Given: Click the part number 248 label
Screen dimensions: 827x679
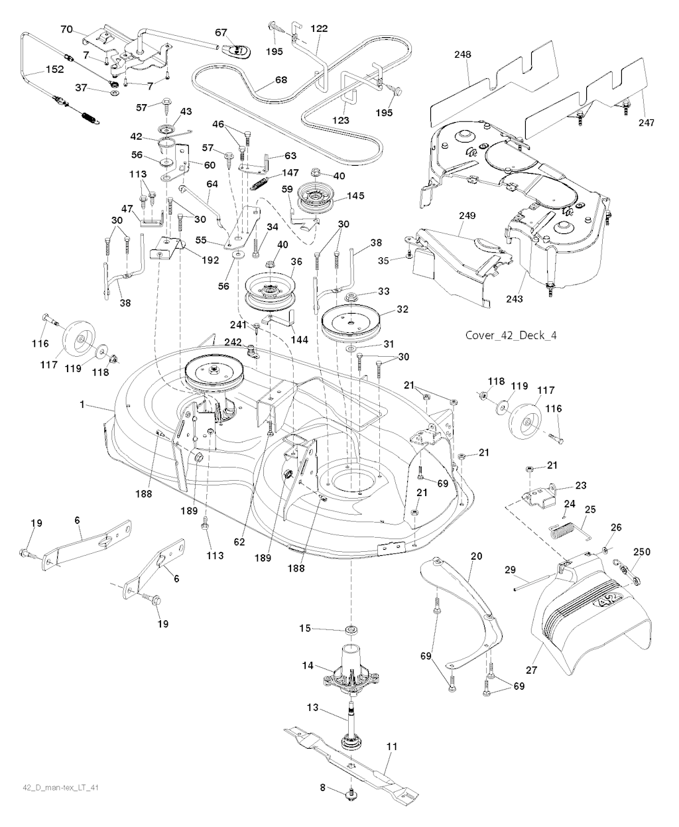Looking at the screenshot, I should [463, 55].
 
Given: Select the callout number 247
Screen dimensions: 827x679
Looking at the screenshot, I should [646, 123].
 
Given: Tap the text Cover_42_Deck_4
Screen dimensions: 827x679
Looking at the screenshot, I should [511, 335].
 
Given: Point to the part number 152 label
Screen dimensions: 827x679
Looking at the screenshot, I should [54, 69].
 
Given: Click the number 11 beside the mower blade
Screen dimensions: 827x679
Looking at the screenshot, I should [392, 746].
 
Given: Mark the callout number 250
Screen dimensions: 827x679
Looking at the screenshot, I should [642, 552].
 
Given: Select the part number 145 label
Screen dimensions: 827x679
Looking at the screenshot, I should [355, 196].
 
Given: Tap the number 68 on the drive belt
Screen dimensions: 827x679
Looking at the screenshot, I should [281, 80].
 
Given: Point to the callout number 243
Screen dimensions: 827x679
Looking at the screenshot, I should [514, 299].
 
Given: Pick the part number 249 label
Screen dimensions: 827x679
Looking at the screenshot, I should [468, 216].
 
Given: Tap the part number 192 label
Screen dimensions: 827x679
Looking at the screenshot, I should [210, 261].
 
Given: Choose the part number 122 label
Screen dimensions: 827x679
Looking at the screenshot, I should [318, 29].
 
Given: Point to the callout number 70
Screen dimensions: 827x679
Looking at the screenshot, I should [66, 29].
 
